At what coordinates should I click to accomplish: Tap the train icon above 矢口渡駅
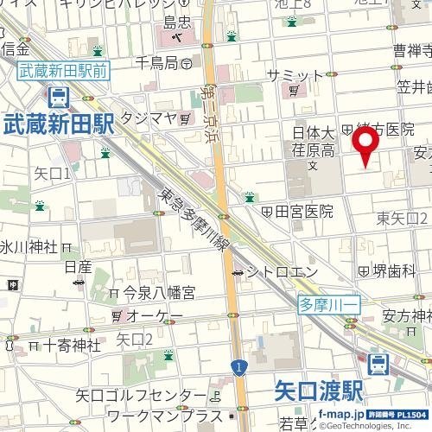coord(377,363)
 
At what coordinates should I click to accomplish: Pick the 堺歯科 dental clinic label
coord(396,270)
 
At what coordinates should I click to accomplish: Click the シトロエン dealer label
coord(274,272)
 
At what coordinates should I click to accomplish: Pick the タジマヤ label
coord(148,117)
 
